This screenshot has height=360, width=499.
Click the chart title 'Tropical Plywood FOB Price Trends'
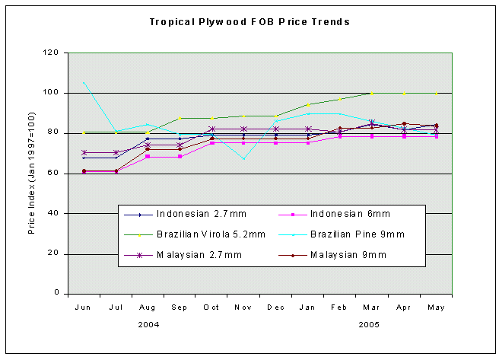pos(249,21)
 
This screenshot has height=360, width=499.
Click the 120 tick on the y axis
pos(52,53)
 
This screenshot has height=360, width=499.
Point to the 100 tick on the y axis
pos(52,93)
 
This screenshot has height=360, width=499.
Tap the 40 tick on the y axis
pos(54,213)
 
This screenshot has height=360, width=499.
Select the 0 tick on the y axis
pos(56,293)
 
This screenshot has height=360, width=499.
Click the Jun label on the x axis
pos(83,307)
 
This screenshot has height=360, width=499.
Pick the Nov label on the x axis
pos(243,307)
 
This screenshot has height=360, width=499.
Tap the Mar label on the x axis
pos(371,307)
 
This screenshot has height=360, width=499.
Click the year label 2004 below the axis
pos(148,325)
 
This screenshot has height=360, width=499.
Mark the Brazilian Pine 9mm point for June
pos(84,82)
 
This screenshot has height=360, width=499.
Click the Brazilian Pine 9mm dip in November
pos(243,158)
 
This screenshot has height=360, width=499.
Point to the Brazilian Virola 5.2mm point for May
pos(436,93)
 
